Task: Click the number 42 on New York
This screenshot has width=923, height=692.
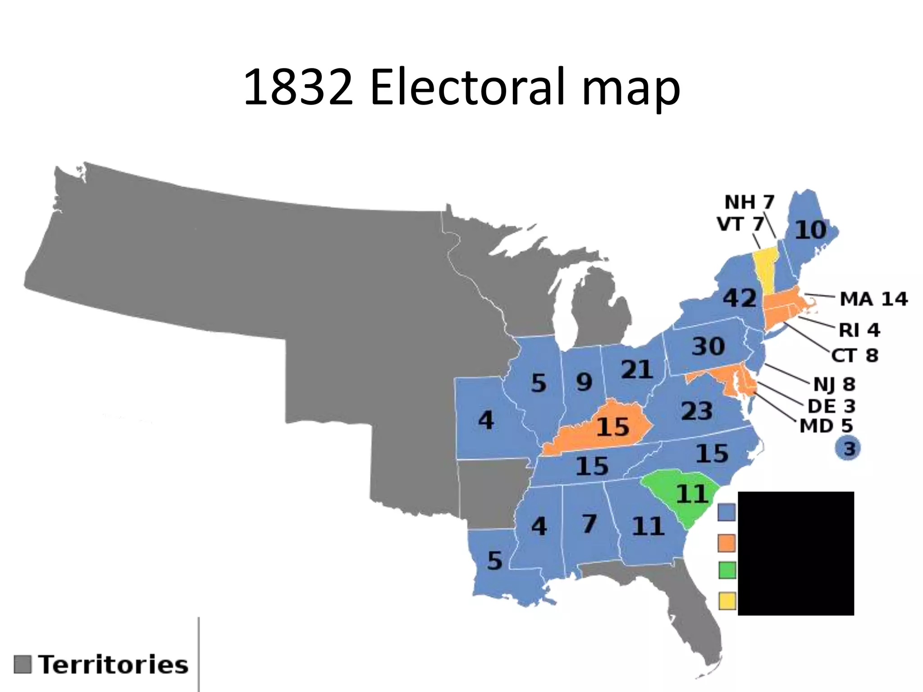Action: point(740,298)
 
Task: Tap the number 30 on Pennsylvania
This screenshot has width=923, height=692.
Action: point(708,346)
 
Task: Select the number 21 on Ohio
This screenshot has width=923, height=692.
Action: point(636,369)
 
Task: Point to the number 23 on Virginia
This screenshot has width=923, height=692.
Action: point(696,411)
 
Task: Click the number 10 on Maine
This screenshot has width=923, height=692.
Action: point(810,230)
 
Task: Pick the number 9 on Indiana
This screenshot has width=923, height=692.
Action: point(584,382)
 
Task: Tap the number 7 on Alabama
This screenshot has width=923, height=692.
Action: point(589,524)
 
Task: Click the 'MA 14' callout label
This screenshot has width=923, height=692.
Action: point(873,299)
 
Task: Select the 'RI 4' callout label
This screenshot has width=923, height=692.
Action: point(859,330)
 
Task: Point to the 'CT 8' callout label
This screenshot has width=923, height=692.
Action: point(854,355)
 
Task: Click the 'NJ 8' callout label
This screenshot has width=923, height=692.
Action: point(834,384)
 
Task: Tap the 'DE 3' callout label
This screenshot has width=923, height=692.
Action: point(831,406)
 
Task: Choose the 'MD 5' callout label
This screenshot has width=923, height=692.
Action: point(826,426)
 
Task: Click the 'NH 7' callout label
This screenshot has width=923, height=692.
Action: point(749,202)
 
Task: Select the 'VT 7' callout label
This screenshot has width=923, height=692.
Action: point(740,224)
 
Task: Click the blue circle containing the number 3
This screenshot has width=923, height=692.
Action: point(848,449)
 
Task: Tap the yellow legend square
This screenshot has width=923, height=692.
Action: point(727,601)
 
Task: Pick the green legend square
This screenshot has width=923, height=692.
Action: point(727,570)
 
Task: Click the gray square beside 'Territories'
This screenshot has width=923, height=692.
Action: point(23,665)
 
